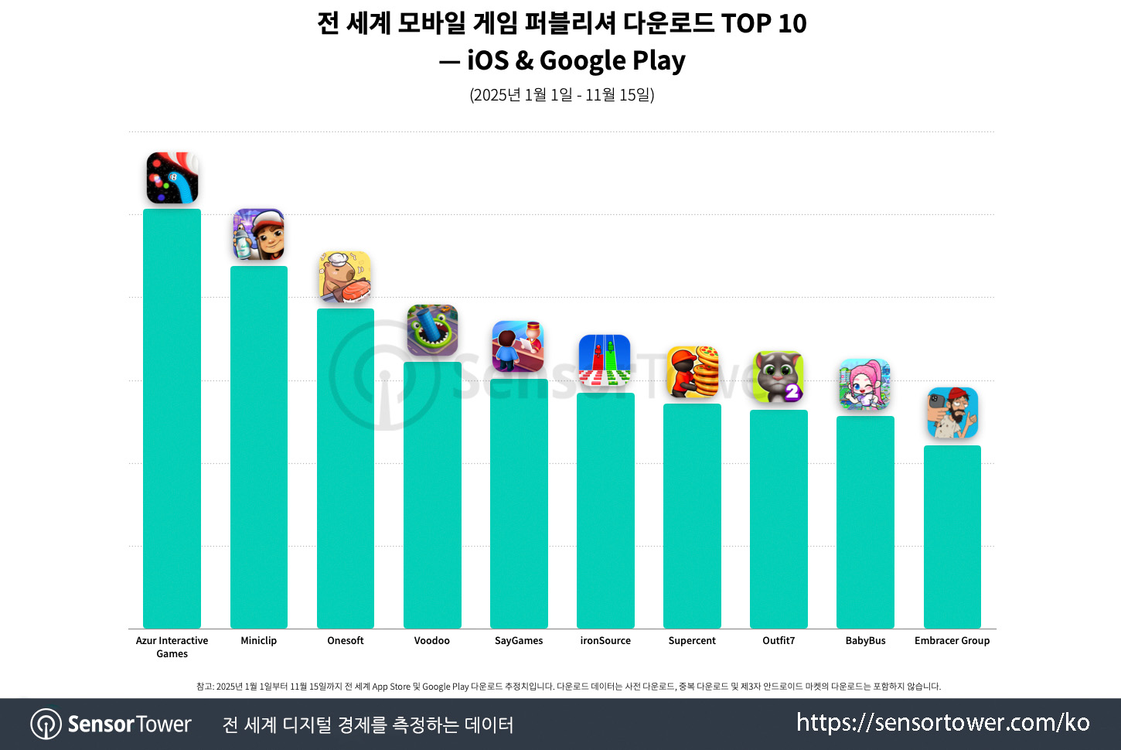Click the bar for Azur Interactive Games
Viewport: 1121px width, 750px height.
tap(172, 418)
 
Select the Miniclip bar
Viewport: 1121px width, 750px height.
tap(258, 446)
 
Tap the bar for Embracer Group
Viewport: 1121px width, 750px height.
tap(952, 536)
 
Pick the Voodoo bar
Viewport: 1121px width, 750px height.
tap(432, 494)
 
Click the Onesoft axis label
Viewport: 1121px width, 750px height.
tap(345, 641)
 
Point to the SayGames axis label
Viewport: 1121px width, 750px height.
tap(519, 641)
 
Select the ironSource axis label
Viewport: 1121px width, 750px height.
tap(605, 641)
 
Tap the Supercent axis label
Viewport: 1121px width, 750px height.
tap(692, 641)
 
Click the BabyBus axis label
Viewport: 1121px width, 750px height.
tap(865, 641)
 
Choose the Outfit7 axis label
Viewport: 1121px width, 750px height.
tap(779, 641)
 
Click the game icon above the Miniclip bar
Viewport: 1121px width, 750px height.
tap(258, 234)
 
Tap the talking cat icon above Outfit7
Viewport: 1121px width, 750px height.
tap(779, 377)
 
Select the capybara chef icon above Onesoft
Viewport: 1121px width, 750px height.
tap(345, 276)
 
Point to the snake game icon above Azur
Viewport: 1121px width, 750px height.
tap(172, 178)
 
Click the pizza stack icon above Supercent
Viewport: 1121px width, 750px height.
tap(692, 372)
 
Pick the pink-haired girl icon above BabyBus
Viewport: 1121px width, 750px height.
tap(865, 384)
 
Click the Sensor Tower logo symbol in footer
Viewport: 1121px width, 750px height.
tap(46, 724)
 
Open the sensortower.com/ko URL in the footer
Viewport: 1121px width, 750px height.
tap(942, 722)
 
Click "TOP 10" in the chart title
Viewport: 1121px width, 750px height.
tap(764, 23)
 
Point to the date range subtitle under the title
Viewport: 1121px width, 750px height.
tap(562, 95)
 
